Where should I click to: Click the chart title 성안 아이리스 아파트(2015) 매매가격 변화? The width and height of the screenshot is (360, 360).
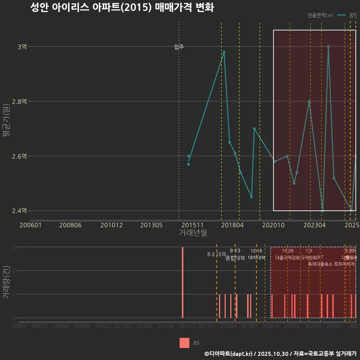pyautogui.click(x=122, y=7)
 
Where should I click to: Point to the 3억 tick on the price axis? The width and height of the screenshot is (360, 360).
pyautogui.click(x=22, y=47)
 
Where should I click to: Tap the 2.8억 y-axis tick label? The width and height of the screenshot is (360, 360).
pyautogui.click(x=19, y=102)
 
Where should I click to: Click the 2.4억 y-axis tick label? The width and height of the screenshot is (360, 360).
pyautogui.click(x=19, y=211)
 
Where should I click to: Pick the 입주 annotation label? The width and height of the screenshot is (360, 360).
pyautogui.click(x=179, y=47)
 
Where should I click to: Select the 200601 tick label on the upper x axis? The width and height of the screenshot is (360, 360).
pyautogui.click(x=30, y=225)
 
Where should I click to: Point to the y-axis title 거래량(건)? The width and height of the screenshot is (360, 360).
pyautogui.click(x=6, y=282)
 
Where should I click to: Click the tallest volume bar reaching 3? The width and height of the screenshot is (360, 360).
pyautogui.click(x=183, y=282)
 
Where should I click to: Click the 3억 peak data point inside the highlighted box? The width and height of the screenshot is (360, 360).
pyautogui.click(x=328, y=47)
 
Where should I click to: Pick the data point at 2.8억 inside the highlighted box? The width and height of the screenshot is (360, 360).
pyautogui.click(x=309, y=102)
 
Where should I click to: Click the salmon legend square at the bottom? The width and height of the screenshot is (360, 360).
pyautogui.click(x=184, y=343)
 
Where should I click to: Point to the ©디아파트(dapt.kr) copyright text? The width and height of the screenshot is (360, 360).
pyautogui.click(x=229, y=354)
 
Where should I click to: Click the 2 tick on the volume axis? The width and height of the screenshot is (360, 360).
pyautogui.click(x=14, y=271)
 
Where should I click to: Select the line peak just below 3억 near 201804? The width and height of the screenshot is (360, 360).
pyautogui.click(x=224, y=52)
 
